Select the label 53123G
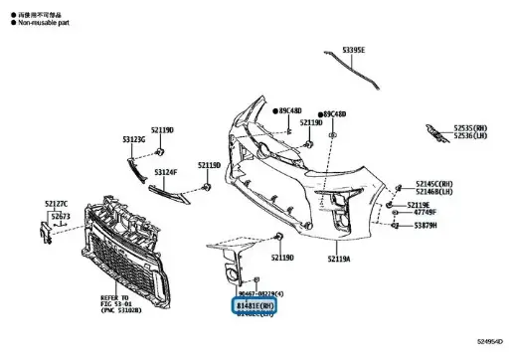coord(133,140)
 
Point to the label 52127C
coord(57,204)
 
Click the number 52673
coord(61,216)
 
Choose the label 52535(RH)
coord(471,127)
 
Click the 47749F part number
coord(425,212)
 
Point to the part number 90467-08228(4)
coord(259,295)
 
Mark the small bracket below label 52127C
coord(44,232)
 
